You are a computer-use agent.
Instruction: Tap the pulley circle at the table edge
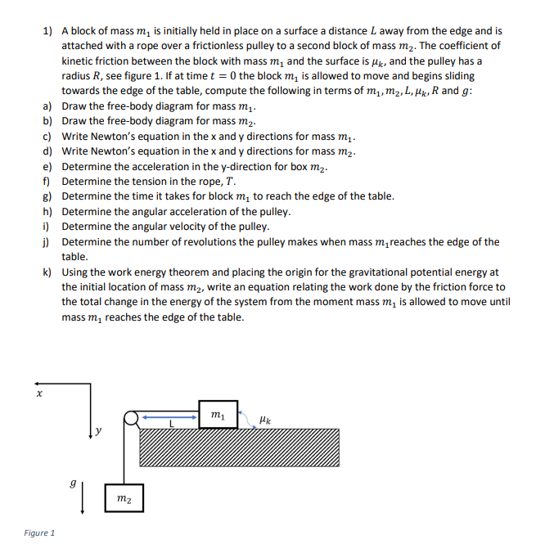tap(130, 420)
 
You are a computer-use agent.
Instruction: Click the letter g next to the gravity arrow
tap(73, 484)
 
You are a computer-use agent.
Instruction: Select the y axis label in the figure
tap(98, 429)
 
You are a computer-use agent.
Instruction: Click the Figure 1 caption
tap(38, 533)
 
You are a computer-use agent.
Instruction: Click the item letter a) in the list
tap(47, 106)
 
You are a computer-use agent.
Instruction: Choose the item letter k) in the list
tap(47, 272)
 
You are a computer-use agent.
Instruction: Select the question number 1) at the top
tap(47, 31)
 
